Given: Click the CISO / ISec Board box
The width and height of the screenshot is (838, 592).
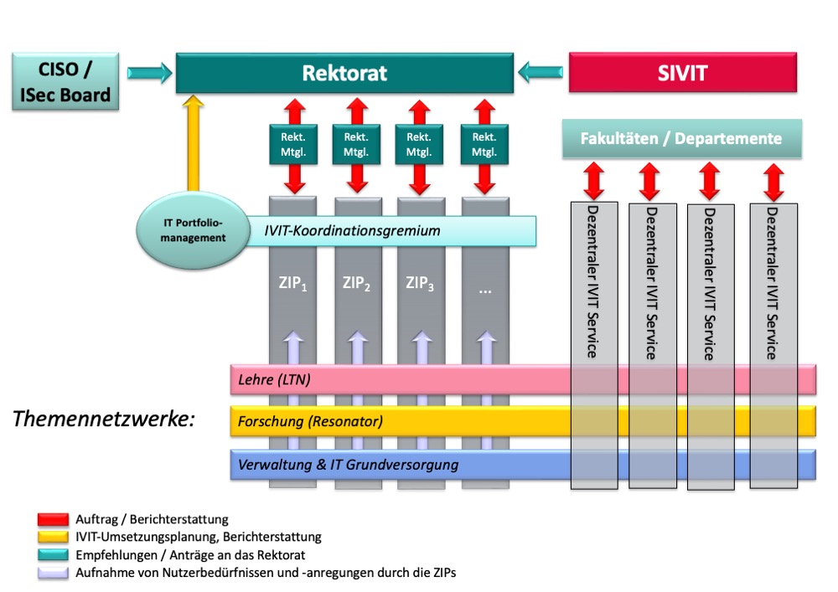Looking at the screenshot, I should pos(65,81).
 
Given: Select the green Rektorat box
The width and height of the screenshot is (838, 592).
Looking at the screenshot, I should pos(344,73).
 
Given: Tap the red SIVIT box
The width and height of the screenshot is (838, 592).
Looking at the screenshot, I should pos(682,73).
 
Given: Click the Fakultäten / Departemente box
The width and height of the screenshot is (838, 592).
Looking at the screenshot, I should pos(680,138).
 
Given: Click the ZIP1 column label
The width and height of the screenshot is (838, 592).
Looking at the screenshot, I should pos(292,283).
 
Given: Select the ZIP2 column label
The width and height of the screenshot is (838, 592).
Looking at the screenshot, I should pos(356,283).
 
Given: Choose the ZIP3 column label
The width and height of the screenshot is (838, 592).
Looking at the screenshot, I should pos(420,283).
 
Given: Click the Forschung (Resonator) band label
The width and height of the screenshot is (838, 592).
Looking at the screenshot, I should pos(310,421).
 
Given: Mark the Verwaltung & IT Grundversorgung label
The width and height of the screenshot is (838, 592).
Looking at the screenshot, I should pos(348,464).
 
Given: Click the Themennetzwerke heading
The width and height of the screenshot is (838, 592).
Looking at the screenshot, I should pos(104,418).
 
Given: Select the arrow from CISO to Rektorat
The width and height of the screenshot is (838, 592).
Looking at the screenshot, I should pos(147,74).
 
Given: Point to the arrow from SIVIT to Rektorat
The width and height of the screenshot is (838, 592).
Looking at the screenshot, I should pos(541,74).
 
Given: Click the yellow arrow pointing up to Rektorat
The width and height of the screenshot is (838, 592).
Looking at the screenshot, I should pos(194,142).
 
